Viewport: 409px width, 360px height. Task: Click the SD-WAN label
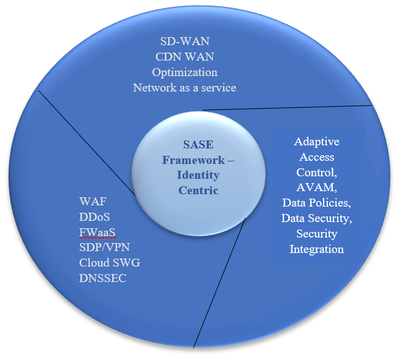point(184,43)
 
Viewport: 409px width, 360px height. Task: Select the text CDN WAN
point(184,58)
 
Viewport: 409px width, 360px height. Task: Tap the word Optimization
point(184,72)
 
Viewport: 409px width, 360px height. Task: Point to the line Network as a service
point(184,87)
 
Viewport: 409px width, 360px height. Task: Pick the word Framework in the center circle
point(186,161)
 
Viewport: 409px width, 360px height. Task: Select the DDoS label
point(94,218)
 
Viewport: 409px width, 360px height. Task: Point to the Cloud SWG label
point(110,263)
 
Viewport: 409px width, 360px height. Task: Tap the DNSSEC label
point(103,278)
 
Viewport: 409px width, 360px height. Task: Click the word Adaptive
point(316,142)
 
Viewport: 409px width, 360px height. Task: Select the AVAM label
point(316,187)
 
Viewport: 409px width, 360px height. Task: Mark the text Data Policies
point(316,202)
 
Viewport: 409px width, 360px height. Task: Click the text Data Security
point(316,218)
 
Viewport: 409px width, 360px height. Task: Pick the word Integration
point(316,249)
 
